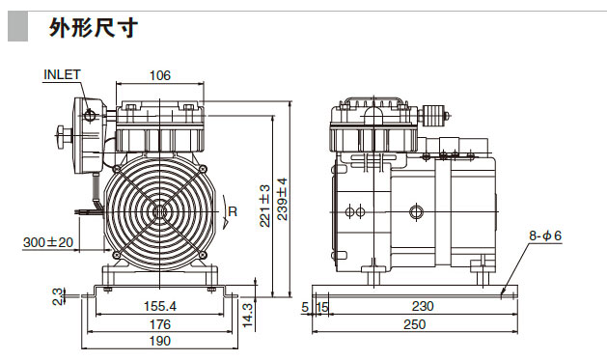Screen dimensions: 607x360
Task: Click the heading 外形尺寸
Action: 94,28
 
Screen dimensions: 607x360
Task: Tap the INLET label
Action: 62,74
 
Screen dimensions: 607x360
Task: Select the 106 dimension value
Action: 160,75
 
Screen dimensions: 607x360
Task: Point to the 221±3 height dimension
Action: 264,206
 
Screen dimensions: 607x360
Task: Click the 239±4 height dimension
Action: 283,199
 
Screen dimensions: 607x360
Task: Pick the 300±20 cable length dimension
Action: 48,242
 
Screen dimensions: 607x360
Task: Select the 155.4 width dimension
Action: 160,306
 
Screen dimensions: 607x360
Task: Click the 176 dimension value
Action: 160,324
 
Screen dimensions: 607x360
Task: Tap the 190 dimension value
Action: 160,341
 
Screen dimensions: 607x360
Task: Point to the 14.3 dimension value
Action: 247,316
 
